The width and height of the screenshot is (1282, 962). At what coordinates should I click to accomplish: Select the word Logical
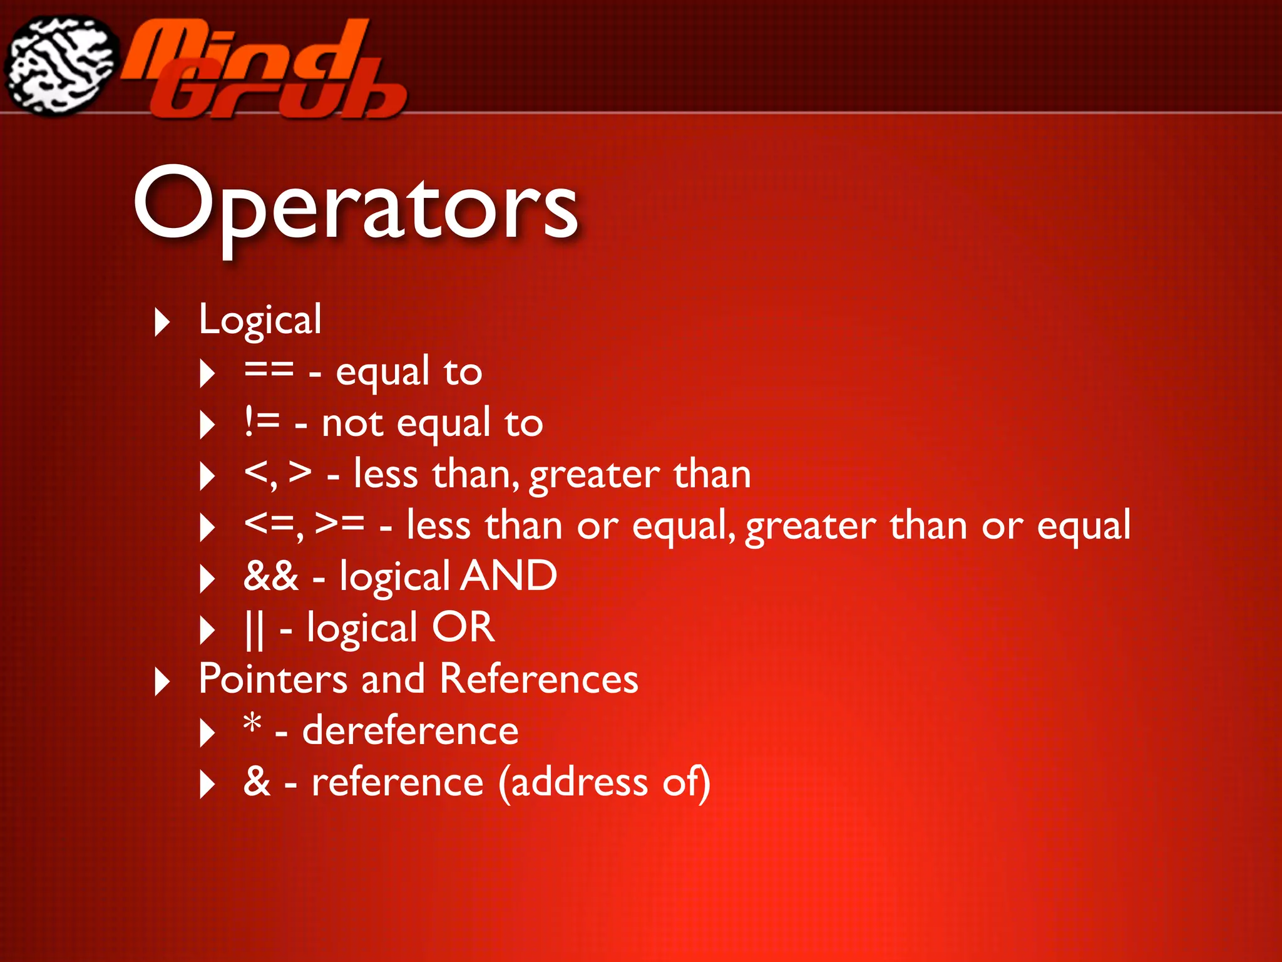coord(260,320)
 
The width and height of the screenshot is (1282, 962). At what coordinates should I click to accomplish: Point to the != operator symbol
coord(262,422)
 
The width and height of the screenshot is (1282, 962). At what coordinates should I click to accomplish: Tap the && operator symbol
coord(270,576)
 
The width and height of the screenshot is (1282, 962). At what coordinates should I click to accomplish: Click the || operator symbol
coord(254,628)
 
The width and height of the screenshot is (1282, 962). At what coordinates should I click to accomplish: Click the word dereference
coord(410,730)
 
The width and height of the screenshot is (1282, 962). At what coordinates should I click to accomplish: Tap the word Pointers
coord(272,679)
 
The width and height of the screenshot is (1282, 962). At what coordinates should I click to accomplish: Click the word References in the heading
coord(538,679)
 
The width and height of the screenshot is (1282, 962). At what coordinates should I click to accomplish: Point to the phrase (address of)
coord(604,782)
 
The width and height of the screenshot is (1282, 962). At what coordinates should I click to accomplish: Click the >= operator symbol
coord(340,524)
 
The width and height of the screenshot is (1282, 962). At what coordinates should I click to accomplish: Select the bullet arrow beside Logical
coord(162,323)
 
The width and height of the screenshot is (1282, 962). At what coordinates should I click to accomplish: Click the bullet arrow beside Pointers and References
coord(162,682)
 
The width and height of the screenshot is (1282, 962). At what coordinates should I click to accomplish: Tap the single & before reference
coord(257,782)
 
